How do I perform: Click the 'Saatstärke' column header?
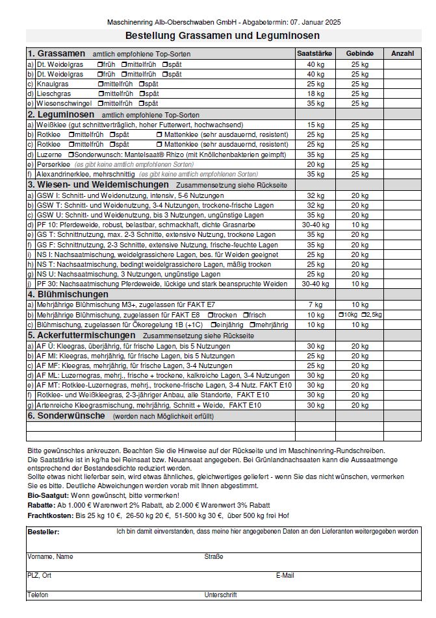[x=314, y=53]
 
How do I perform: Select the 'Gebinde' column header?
[x=360, y=53]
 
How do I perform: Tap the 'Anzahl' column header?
[x=402, y=53]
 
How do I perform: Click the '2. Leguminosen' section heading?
[x=60, y=114]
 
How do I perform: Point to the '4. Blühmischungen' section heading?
[x=68, y=294]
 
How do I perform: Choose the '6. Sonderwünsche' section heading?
[x=66, y=415]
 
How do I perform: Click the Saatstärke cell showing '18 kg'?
[x=315, y=93]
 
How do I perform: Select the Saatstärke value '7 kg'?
[x=315, y=304]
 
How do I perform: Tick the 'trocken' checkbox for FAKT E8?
[x=210, y=314]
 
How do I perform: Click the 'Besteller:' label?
[x=44, y=532]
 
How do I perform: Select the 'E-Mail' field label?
[x=285, y=575]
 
